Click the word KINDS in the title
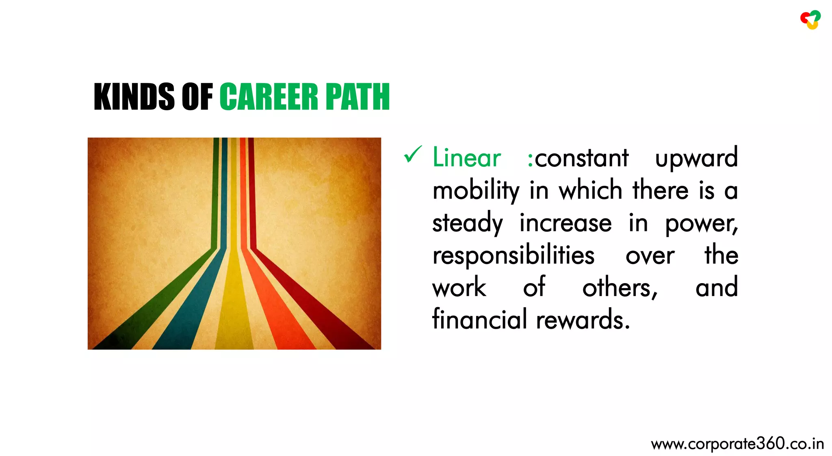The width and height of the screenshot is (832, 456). pos(134,97)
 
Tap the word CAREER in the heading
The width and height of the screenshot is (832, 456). pos(269,97)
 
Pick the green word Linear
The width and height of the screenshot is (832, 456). pos(466,158)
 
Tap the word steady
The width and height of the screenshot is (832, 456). pos(467,224)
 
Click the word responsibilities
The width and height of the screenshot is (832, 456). pos(513,256)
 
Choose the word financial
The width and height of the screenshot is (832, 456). pos(479,319)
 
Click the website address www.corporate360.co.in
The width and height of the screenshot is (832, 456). pos(737,444)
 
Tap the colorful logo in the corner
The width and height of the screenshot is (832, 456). pos(810,20)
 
